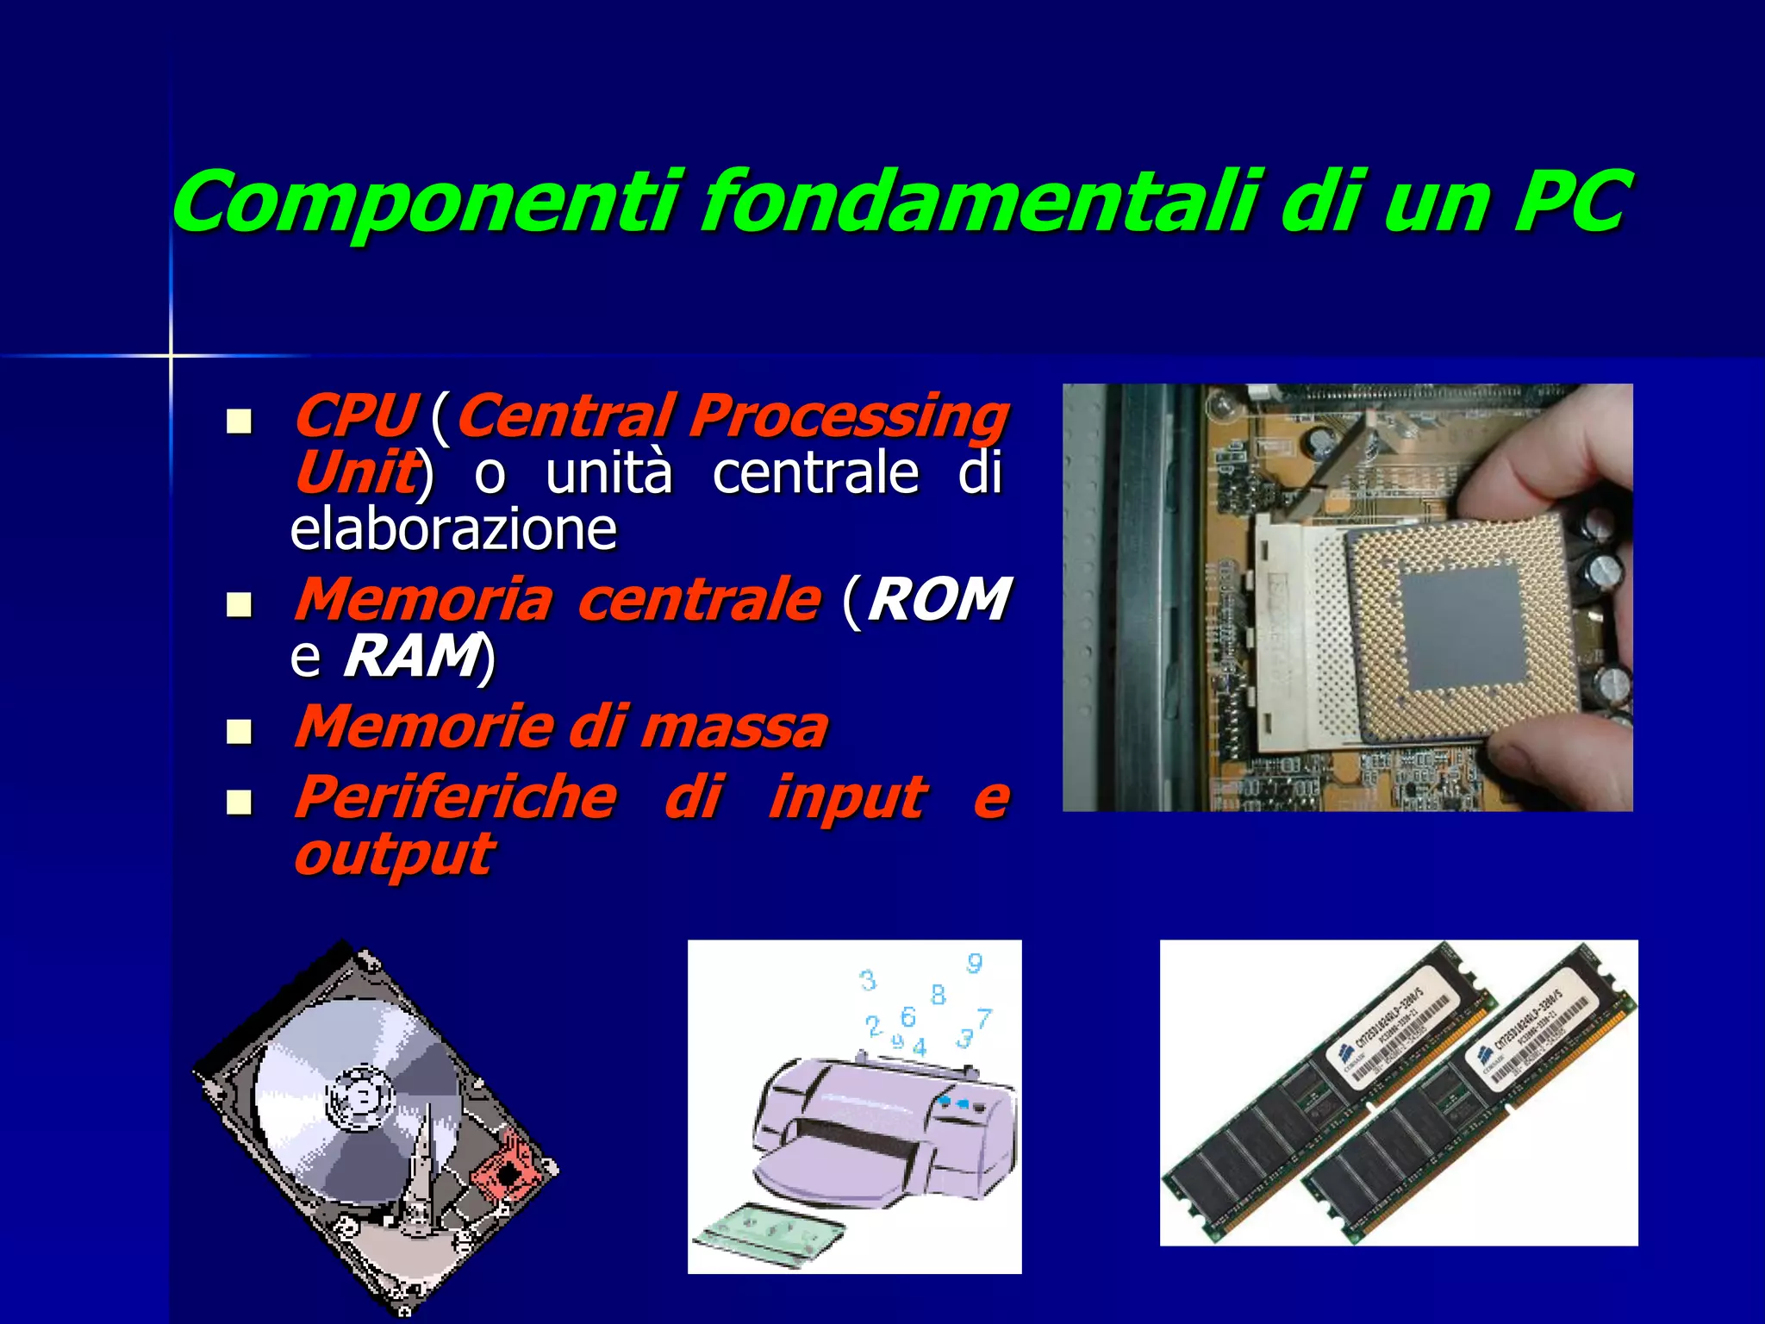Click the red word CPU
pos(355,415)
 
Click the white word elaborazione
pos(453,529)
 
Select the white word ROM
pos(939,599)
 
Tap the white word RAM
pos(411,657)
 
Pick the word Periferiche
pos(455,797)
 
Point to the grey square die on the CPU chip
pos(1461,622)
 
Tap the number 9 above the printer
pos(975,963)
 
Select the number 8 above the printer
pos(938,995)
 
